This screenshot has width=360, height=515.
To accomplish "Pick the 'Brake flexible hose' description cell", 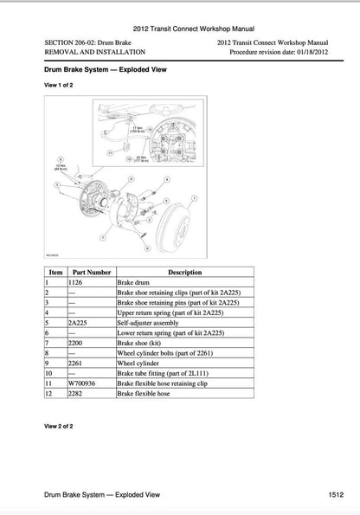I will click(x=146, y=394).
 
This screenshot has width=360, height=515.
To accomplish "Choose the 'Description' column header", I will click(x=184, y=272).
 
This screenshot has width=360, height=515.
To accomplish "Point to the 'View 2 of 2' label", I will click(x=60, y=426).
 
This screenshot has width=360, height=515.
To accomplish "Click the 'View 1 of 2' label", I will click(x=60, y=87).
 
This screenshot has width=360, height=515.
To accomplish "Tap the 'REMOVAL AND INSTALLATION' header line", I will click(x=88, y=52).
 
